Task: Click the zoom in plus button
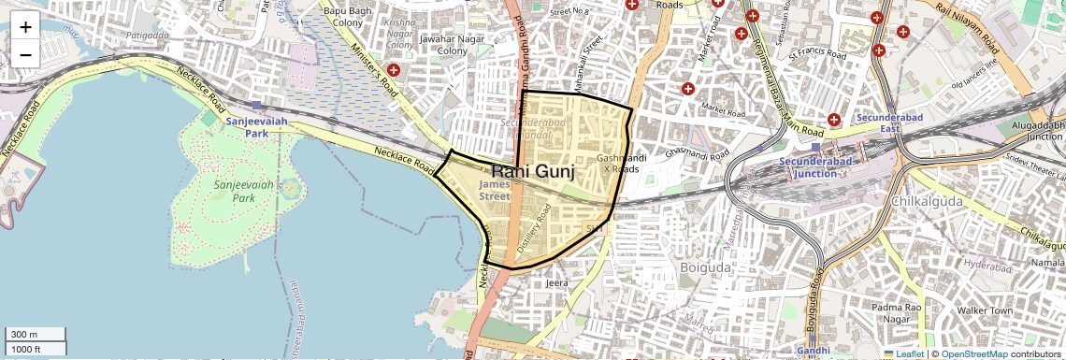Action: pyautogui.click(x=25, y=26)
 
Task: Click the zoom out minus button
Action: pyautogui.click(x=25, y=54)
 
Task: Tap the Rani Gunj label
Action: pyautogui.click(x=531, y=172)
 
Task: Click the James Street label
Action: pyautogui.click(x=495, y=190)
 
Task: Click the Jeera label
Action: pyautogui.click(x=556, y=282)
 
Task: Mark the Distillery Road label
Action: pyautogui.click(x=530, y=230)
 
